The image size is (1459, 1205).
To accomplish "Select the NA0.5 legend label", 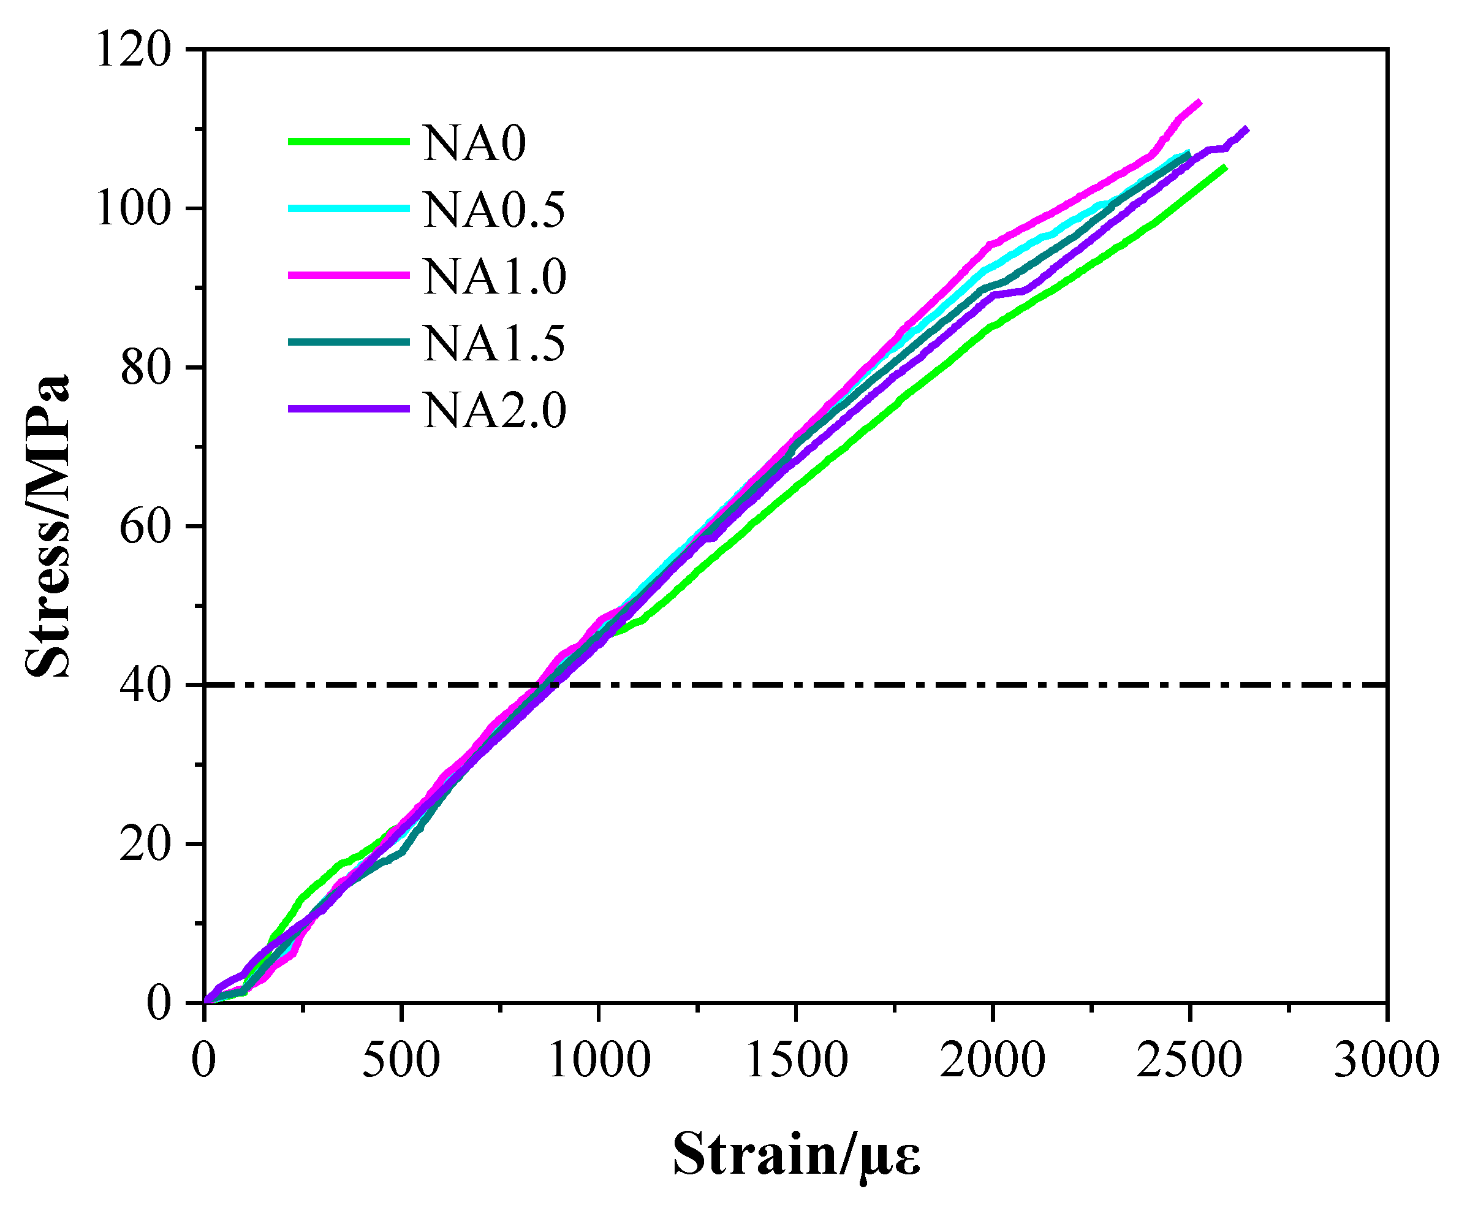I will point(494,210).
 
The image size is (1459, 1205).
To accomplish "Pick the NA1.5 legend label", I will point(494,343).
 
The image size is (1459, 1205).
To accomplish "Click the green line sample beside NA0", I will point(349,142).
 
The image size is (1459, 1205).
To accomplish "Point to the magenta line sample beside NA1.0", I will point(349,275).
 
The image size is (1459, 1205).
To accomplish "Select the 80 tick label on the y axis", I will point(145,367).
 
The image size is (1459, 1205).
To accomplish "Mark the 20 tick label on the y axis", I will point(145,845).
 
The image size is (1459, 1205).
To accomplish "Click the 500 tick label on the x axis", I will point(401,1060).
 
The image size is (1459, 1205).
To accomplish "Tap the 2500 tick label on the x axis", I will point(1189,1060).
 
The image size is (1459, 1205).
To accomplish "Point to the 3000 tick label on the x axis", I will point(1387,1060).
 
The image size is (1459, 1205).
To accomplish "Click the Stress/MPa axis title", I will point(47,526).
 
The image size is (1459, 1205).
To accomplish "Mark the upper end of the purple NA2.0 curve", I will point(1248,129).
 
